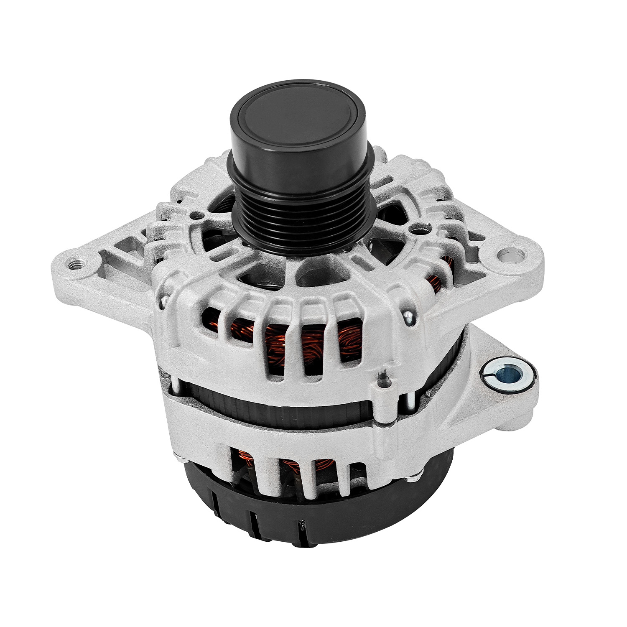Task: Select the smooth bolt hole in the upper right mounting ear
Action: [511, 255]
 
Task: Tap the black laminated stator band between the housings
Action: [293, 408]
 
